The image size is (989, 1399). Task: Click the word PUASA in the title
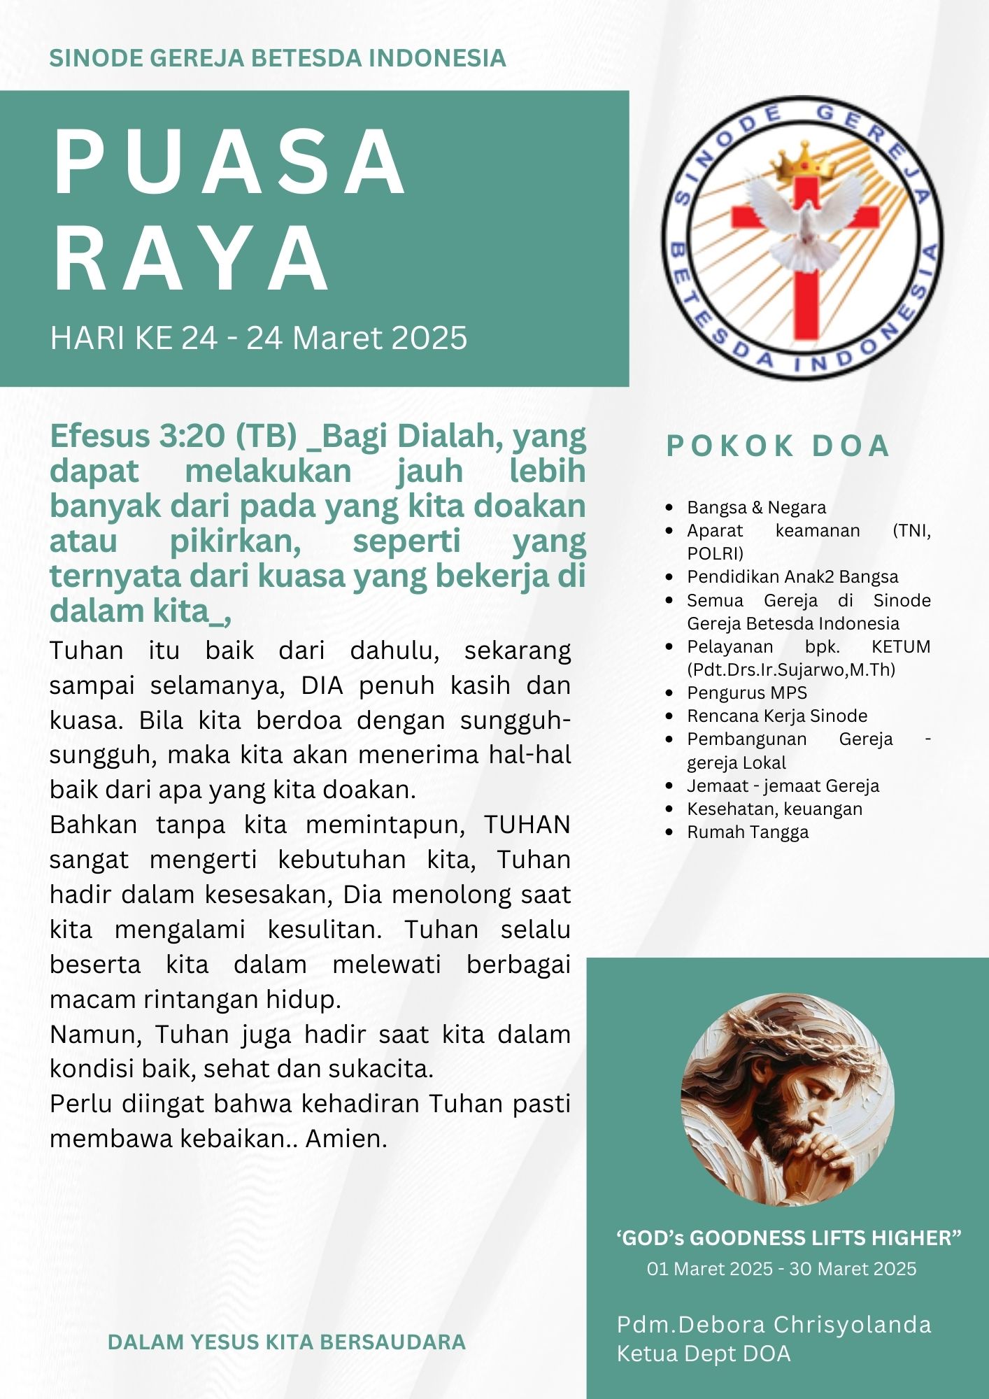[229, 162]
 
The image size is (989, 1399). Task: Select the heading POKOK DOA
[777, 446]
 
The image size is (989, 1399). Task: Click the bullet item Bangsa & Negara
[755, 507]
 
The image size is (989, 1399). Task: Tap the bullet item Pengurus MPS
[746, 693]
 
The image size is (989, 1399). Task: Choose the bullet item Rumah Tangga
[747, 832]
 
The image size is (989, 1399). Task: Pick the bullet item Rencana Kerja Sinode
[776, 716]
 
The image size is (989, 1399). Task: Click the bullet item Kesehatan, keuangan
[774, 809]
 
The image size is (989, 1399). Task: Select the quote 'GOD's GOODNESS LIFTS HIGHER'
[788, 1238]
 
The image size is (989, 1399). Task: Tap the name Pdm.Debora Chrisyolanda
[774, 1324]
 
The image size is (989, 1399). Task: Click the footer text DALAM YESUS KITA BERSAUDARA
[287, 1342]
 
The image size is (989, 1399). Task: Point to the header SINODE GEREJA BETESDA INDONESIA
[278, 58]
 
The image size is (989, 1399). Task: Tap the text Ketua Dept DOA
[703, 1354]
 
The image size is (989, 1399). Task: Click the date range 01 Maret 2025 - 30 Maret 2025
[781, 1269]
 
